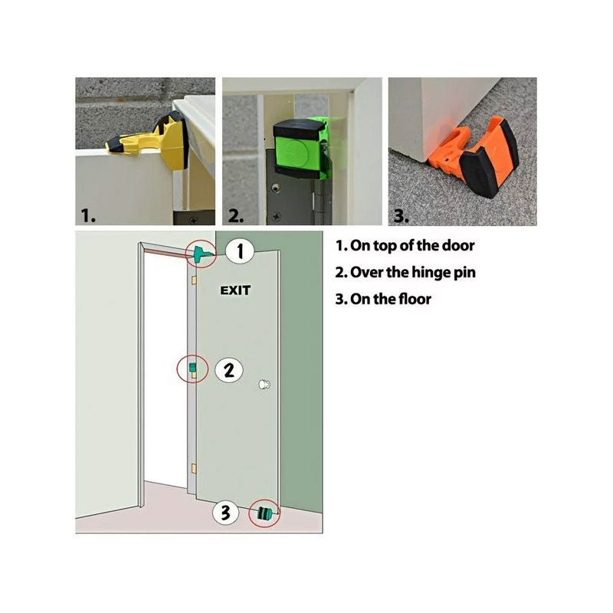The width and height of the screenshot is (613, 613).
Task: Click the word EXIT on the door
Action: [236, 290]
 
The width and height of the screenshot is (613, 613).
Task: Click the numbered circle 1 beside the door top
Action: [240, 251]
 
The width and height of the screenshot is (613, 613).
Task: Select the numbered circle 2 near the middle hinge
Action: [228, 370]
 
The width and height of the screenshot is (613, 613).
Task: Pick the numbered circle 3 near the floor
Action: [225, 513]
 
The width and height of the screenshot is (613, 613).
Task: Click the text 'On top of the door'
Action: [412, 246]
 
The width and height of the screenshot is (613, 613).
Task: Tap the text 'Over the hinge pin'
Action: [412, 272]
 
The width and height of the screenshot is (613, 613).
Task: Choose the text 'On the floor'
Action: [391, 299]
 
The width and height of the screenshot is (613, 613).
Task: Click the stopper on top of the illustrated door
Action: [202, 254]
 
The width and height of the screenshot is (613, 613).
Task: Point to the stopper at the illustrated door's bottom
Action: [266, 513]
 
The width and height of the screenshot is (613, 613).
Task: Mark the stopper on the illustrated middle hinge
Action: [192, 369]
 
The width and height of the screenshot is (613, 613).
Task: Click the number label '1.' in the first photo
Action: [90, 216]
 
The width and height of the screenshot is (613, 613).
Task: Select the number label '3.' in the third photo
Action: [400, 216]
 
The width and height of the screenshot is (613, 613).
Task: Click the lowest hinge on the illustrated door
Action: [195, 465]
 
